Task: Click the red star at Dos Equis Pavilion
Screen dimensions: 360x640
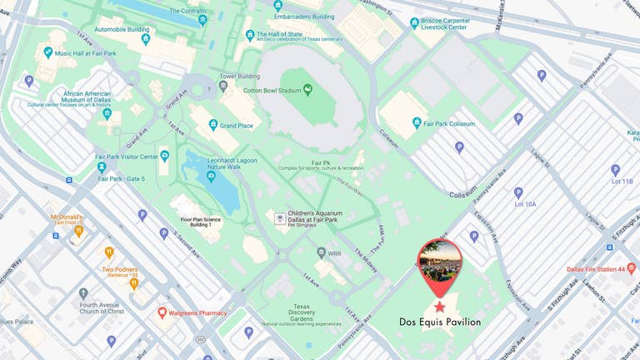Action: [x=439, y=307]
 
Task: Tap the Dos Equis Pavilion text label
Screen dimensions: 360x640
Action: [x=439, y=322]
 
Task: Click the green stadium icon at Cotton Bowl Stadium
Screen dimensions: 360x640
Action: [x=307, y=88]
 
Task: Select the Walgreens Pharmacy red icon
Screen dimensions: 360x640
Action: [x=162, y=312]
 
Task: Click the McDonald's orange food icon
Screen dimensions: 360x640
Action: [x=79, y=232]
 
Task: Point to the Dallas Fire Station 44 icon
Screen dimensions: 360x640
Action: [x=631, y=268]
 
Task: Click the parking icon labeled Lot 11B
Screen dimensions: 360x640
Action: [x=616, y=170]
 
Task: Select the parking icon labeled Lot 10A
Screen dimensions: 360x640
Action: [x=518, y=192]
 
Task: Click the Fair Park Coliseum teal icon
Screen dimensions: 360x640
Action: [x=417, y=123]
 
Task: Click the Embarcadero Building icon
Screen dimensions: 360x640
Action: [x=277, y=5]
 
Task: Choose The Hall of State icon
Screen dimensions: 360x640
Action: [x=249, y=35]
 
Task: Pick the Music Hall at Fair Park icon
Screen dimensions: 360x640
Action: [x=47, y=53]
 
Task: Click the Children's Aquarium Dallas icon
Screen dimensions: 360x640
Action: [x=280, y=217]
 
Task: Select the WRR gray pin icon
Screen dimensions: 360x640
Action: [x=321, y=252]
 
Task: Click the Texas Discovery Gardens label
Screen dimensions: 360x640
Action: [x=301, y=315]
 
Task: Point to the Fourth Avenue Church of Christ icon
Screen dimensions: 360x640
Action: [x=83, y=293]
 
